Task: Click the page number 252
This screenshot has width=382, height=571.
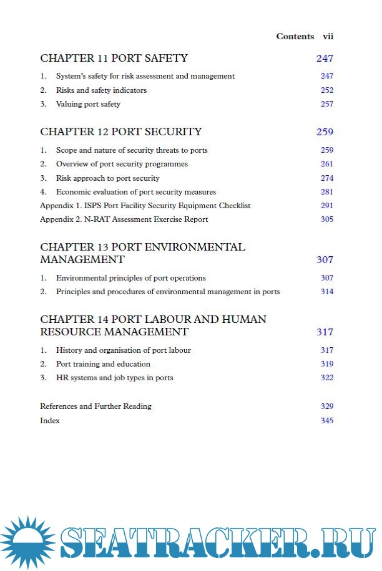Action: pos(327,90)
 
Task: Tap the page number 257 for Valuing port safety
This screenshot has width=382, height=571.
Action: pos(327,104)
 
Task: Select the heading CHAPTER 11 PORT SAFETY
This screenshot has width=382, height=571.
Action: pos(114,59)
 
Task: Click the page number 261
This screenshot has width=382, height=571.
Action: pos(327,164)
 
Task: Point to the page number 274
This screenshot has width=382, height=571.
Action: pos(327,178)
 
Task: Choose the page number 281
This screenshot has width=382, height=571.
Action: pos(327,192)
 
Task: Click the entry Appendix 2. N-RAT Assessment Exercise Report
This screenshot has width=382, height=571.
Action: pos(124,219)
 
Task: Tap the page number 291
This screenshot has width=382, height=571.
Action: pos(327,206)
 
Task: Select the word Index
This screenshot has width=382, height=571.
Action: pos(50,421)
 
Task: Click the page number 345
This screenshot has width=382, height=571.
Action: pos(327,421)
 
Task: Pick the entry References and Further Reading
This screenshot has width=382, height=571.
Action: pos(95,406)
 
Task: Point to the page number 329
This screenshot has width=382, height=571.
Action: pos(327,406)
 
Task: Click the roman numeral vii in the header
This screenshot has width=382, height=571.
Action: pos(328,37)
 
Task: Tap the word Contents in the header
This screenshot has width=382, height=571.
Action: pos(295,37)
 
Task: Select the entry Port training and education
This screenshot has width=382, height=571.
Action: pos(103,364)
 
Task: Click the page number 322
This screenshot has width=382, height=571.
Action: pos(327,378)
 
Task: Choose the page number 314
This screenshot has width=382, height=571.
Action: pos(327,292)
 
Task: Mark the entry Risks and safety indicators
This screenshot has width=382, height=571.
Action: pos(101,90)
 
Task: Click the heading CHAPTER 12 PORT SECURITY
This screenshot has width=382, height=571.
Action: pos(120,132)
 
